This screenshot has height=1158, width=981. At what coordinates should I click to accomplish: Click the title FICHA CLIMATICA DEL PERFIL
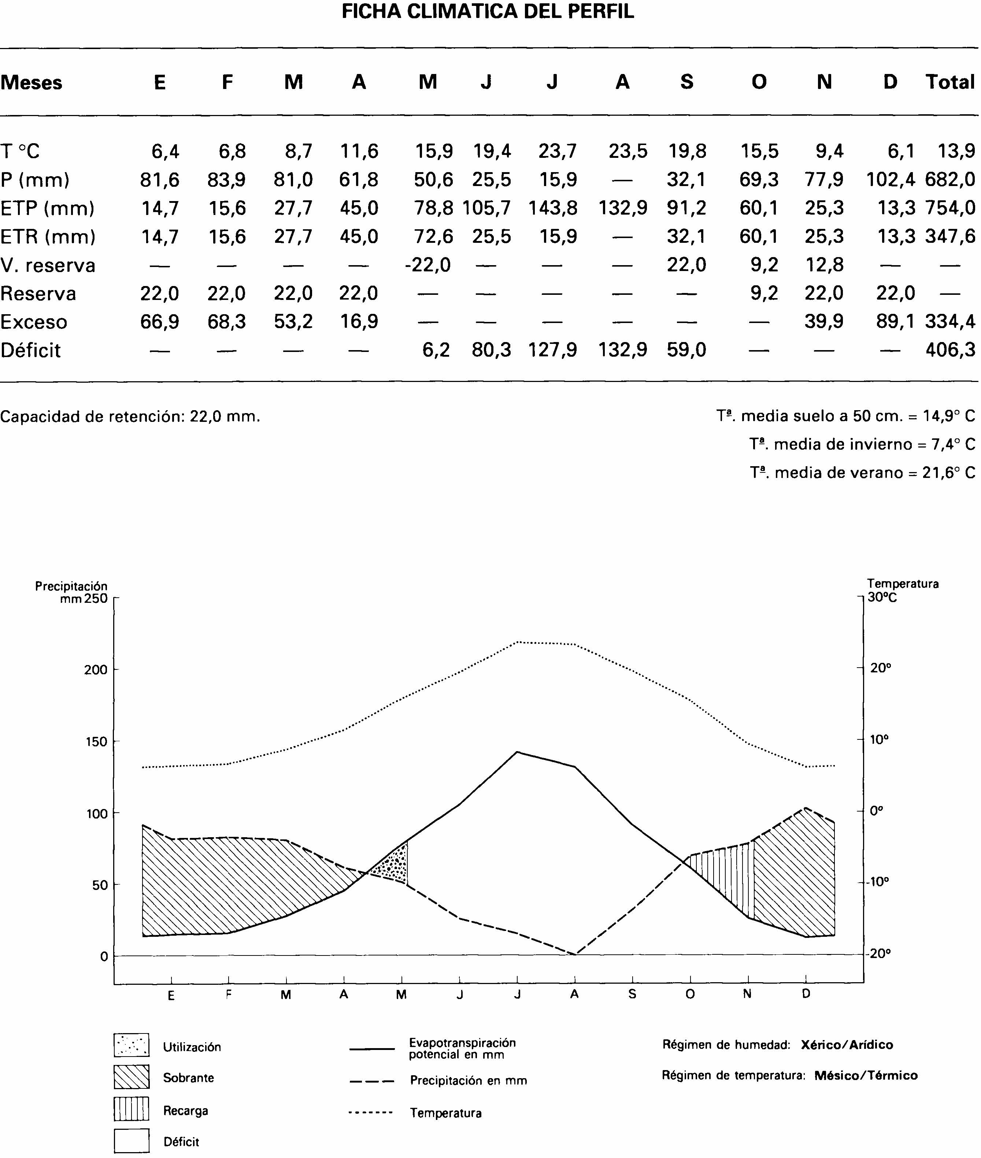point(488,12)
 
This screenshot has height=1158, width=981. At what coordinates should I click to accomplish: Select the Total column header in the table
point(950,82)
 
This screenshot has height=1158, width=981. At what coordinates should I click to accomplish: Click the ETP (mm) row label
point(47,208)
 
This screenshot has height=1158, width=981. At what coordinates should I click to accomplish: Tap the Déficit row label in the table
point(30,350)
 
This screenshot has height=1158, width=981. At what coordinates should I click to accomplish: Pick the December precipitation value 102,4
point(891,179)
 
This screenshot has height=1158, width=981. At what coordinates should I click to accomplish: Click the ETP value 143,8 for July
point(553,208)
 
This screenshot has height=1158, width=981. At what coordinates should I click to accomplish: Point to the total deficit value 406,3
point(950,350)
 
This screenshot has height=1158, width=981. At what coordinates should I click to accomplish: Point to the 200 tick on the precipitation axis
point(96,670)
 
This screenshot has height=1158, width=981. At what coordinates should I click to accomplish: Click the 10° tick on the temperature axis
point(879,740)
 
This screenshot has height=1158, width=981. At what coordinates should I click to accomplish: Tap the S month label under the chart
point(632,995)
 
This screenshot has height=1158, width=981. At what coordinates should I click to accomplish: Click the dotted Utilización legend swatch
point(131,1046)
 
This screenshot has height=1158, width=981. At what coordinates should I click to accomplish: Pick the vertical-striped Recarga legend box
point(131,1109)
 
